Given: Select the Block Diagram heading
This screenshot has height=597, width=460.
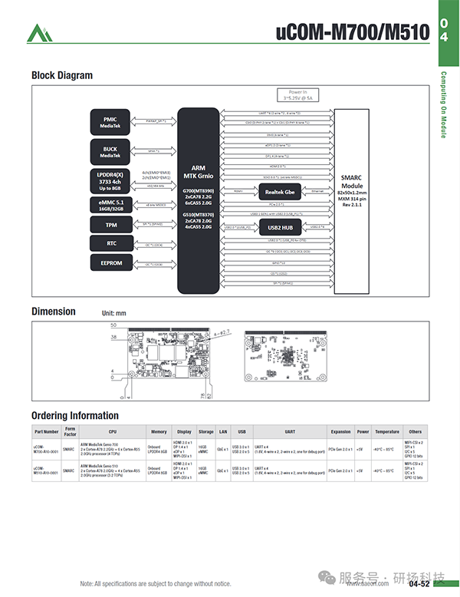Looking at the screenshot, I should [x=61, y=75].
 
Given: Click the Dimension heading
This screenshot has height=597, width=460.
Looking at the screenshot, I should [x=54, y=312].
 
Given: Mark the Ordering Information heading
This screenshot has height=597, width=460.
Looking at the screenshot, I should [x=74, y=416].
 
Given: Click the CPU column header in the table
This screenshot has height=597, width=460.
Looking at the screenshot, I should [x=112, y=432].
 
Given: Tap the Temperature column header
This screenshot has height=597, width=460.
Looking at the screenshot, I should [x=387, y=432].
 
